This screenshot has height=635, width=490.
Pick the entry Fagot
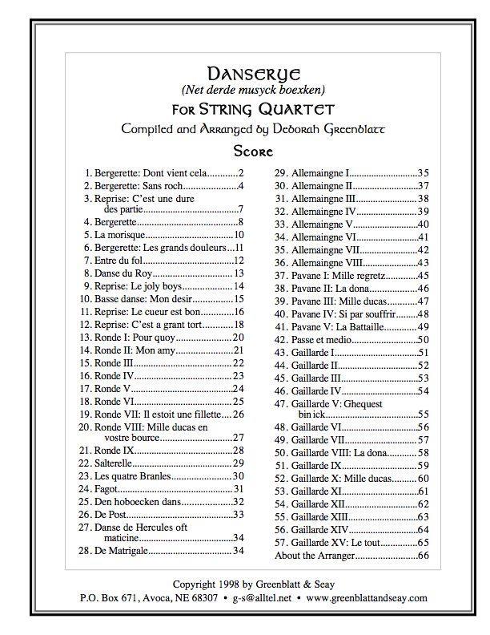(107, 488)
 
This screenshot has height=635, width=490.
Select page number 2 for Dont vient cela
(240, 172)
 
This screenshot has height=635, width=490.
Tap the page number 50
(424, 339)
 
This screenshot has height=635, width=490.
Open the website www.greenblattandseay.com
(367, 598)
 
